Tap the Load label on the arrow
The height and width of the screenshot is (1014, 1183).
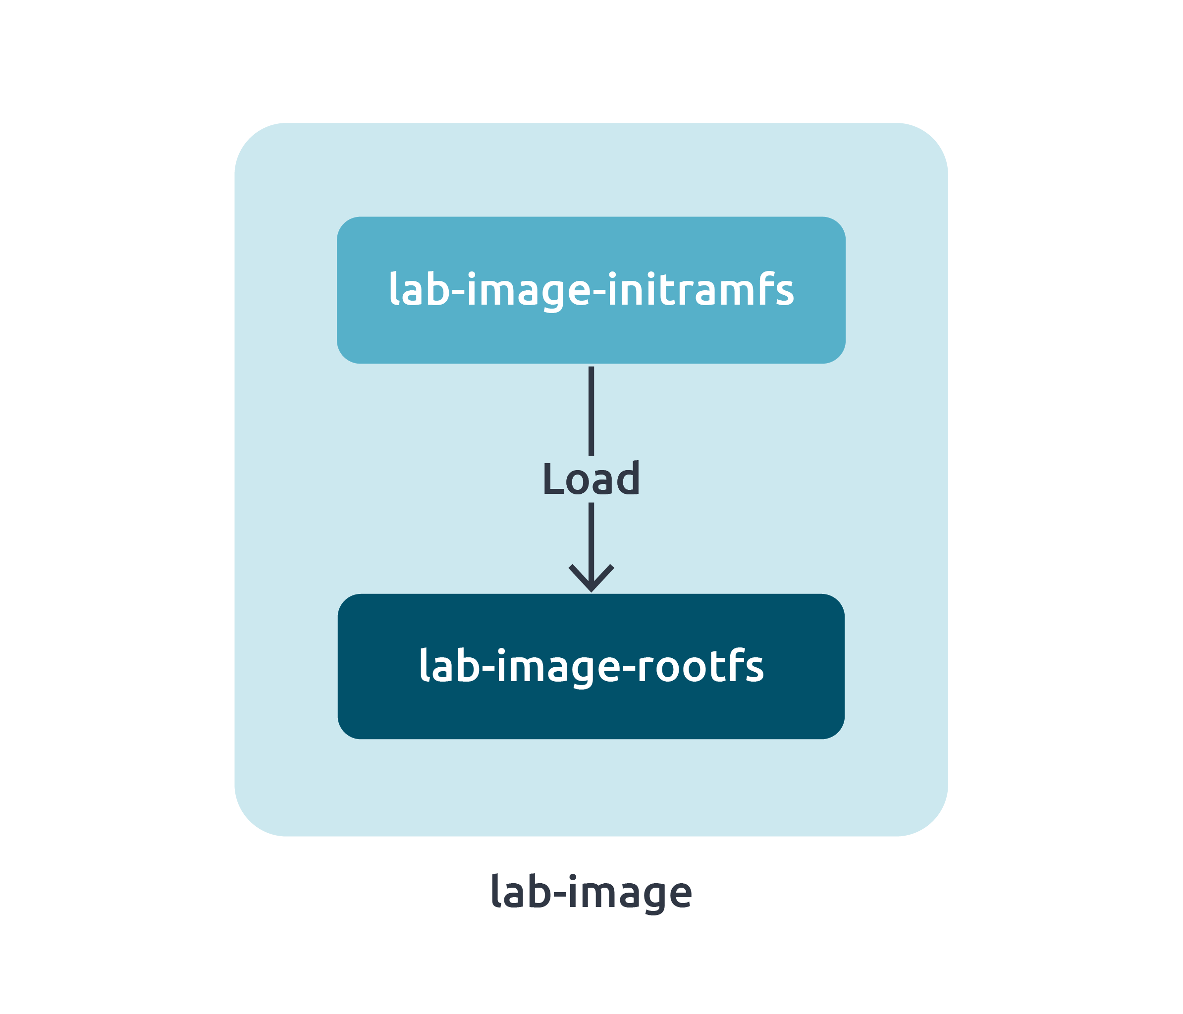(591, 479)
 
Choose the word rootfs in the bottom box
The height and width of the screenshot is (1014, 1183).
(700, 666)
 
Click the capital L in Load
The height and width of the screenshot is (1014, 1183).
(553, 479)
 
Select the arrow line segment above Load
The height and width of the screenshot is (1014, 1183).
(591, 411)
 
